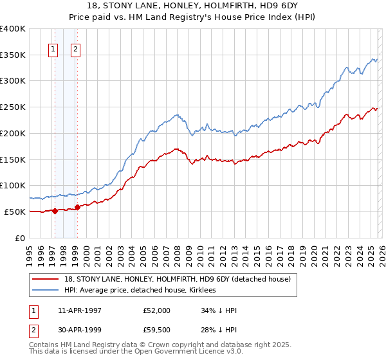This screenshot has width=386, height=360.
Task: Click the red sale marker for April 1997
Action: coord(55,210)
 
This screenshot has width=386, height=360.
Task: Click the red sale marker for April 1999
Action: coord(77,206)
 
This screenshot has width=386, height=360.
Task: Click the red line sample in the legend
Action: coord(46,279)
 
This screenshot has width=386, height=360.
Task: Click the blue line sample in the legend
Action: coord(46,290)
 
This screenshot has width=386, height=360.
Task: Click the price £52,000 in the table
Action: coord(157,310)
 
